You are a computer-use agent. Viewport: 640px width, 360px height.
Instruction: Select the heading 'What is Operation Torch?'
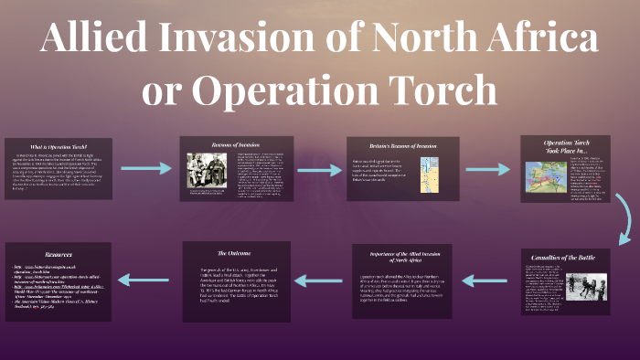pos(57,146)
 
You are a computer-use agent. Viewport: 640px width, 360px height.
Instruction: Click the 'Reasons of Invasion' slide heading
pos(236,143)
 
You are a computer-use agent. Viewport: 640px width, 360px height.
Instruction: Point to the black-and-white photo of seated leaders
pos(207,170)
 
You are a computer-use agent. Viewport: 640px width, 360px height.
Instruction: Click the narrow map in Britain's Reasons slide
pos(425,175)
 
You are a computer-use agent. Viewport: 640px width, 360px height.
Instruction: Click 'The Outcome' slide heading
pos(236,251)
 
